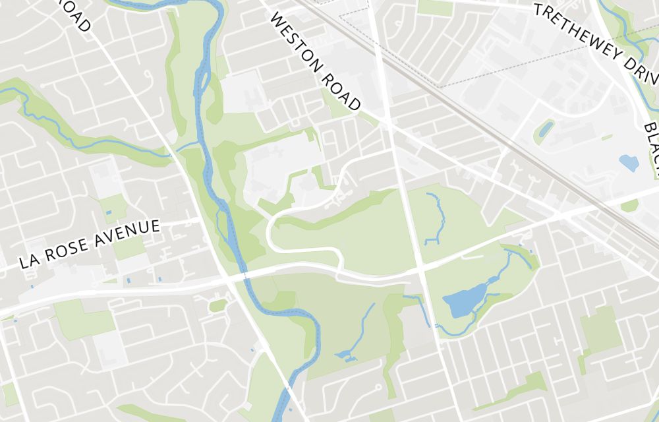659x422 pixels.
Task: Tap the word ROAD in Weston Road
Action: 341,90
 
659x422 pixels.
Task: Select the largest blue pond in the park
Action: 465,302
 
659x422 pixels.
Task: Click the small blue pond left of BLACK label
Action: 629,162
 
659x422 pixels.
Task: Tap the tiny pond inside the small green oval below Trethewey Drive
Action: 545,130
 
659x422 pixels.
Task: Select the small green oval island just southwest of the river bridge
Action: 217,305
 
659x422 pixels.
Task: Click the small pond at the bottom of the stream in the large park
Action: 344,356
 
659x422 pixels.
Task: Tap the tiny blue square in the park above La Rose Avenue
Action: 109,214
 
